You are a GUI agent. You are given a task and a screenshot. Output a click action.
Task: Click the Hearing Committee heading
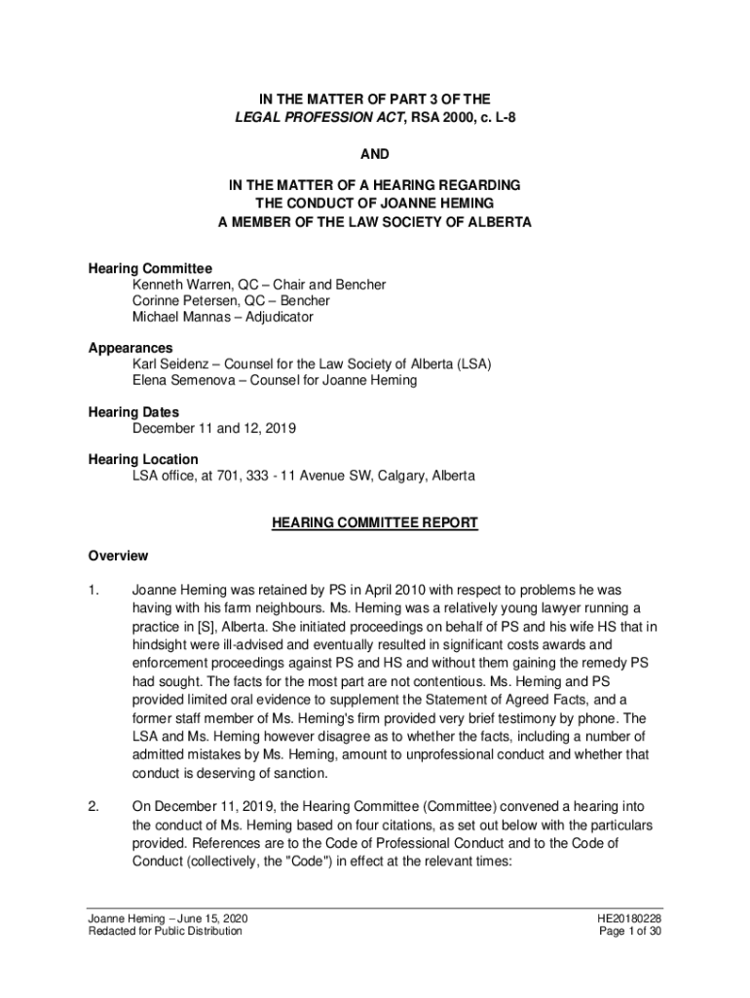150,268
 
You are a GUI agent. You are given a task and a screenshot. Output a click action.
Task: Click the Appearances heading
131,348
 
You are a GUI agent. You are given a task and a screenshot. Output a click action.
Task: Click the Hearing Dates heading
133,412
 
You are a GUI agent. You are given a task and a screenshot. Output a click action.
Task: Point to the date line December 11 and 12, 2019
214,428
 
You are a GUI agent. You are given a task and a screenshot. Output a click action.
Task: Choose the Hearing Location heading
143,459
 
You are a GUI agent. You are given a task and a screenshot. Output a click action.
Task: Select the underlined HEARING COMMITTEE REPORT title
375,523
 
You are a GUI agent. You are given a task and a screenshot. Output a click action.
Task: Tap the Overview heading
118,556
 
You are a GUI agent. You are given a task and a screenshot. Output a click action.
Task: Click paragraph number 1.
94,590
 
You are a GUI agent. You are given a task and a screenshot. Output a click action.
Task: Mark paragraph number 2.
94,806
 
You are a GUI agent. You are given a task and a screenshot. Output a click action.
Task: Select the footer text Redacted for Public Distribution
166,931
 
